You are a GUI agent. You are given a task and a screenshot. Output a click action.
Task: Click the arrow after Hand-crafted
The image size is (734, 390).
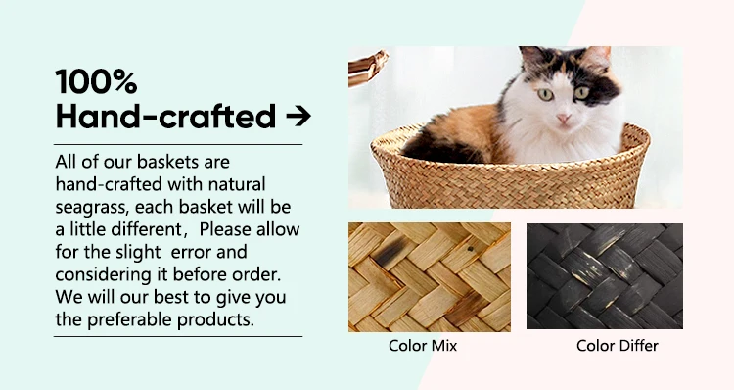click(x=298, y=117)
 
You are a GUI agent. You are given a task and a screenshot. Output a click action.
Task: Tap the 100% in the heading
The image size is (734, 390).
click(x=97, y=81)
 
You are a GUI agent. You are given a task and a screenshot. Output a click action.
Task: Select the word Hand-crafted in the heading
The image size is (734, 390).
click(x=165, y=117)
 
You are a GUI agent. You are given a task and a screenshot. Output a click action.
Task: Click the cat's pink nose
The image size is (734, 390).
click(x=563, y=118)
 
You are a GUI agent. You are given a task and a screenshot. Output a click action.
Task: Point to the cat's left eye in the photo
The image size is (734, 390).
click(x=545, y=95)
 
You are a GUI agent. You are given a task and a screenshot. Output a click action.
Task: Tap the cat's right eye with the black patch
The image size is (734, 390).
click(x=581, y=92)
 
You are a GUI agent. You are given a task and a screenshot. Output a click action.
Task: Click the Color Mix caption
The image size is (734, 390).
click(x=423, y=346)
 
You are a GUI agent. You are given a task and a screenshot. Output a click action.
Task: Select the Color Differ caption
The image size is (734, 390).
click(x=618, y=346)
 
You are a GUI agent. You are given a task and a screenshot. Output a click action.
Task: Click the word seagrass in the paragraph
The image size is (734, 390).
click(x=90, y=208)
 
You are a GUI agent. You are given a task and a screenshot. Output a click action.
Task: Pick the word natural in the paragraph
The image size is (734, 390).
click(x=237, y=184)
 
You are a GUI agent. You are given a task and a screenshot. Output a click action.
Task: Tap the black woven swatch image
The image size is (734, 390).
click(x=605, y=276)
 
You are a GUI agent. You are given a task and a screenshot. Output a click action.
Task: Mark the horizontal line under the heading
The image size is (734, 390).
click(x=178, y=145)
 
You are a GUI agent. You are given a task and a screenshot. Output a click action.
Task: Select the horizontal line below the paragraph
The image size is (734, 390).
click(x=178, y=336)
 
